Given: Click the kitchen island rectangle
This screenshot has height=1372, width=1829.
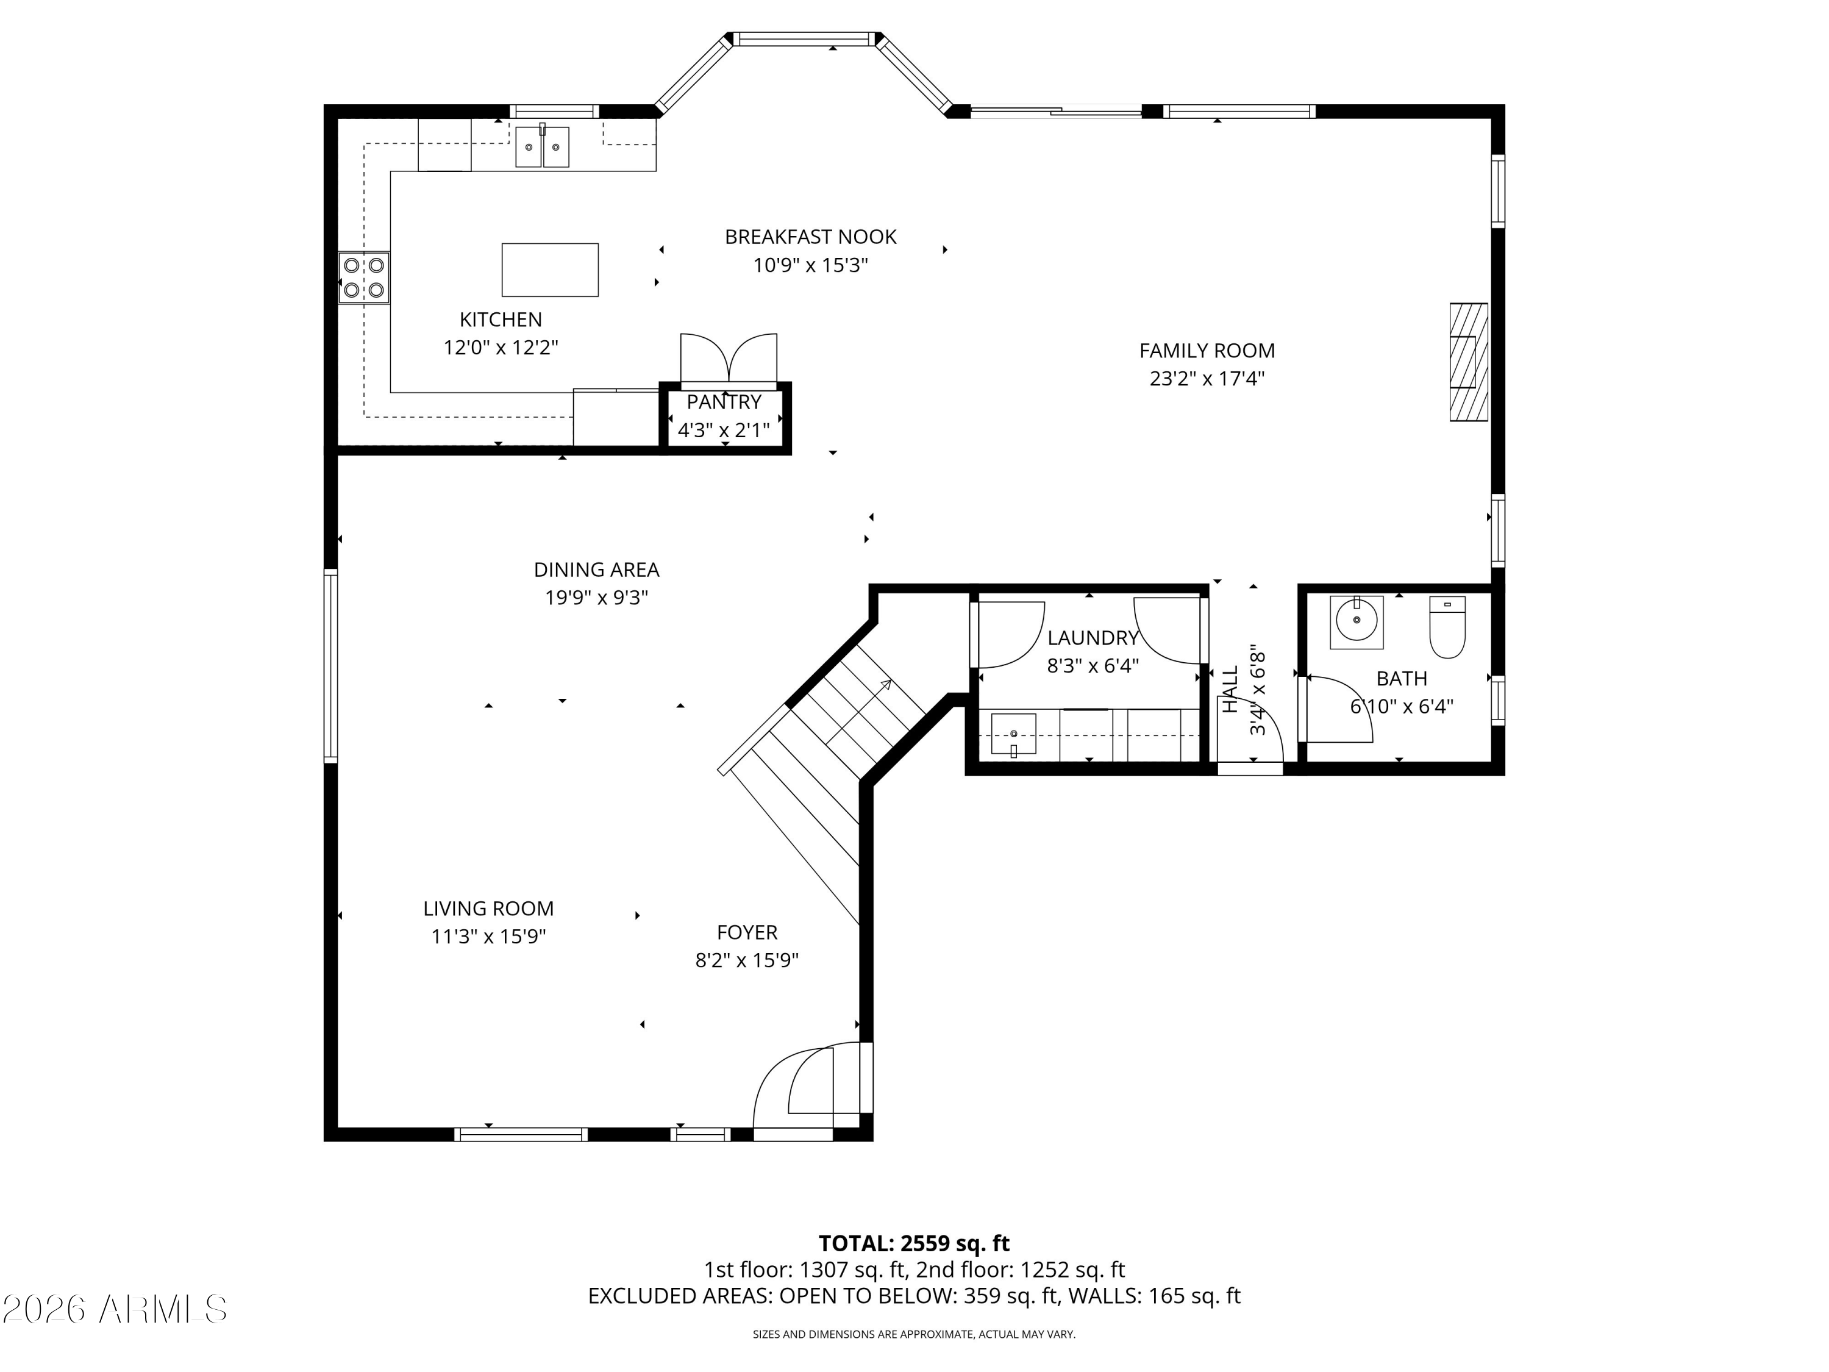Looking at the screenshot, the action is click(550, 270).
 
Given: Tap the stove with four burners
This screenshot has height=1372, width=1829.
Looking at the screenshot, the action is click(364, 278).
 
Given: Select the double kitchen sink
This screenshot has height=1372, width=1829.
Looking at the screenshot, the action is click(543, 146).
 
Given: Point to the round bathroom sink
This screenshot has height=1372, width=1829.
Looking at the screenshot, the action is click(1357, 622).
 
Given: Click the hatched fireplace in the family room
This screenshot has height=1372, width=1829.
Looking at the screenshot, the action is click(1469, 362).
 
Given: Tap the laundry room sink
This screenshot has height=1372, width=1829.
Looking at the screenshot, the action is click(1014, 734).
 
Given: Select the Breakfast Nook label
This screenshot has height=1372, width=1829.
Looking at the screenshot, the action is click(810, 237).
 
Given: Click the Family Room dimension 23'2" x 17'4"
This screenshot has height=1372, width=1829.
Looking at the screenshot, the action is click(1207, 379).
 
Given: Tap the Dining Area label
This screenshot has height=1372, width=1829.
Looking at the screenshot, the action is click(596, 570).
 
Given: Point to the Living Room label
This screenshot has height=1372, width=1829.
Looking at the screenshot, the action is click(489, 909).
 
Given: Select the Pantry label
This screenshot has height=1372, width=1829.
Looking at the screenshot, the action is click(724, 402).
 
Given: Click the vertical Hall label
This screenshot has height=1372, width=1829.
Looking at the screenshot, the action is click(1231, 689).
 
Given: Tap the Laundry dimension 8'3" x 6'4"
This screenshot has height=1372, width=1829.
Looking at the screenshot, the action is click(1093, 666).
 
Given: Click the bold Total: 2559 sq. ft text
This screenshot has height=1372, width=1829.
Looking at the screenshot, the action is click(914, 1244).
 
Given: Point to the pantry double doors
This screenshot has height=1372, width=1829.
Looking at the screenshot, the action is click(729, 360).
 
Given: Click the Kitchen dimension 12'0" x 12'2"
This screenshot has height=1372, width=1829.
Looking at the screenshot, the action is click(501, 348).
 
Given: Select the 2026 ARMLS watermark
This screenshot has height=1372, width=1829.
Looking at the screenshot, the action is click(115, 1309).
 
